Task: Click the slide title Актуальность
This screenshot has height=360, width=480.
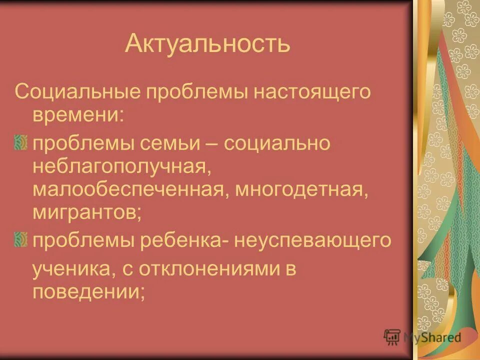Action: click(x=207, y=43)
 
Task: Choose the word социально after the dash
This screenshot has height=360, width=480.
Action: click(x=276, y=144)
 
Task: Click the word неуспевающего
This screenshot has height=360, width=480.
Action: click(x=310, y=240)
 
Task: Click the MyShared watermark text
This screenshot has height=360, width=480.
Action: click(x=432, y=337)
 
